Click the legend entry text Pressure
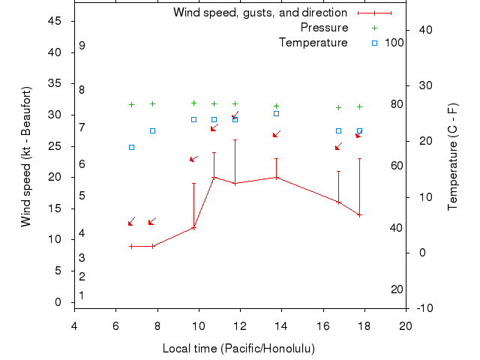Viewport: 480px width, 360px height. coord(324,28)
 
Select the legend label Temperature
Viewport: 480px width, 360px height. coord(313,43)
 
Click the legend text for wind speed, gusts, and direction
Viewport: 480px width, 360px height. coord(260,13)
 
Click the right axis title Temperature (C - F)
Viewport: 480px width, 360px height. coord(453,155)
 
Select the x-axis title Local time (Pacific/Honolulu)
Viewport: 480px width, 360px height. coord(238,349)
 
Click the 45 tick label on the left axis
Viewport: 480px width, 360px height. coord(54,21)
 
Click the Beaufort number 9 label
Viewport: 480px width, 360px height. coord(82,46)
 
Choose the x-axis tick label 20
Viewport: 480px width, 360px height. coord(406,325)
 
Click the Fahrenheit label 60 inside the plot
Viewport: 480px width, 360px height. coord(397,166)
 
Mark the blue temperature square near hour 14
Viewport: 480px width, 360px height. coord(276,113)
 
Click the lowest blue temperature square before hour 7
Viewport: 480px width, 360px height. coord(131,147)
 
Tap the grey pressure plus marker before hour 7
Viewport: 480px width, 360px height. coord(131,104)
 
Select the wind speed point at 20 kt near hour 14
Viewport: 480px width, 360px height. coord(276,178)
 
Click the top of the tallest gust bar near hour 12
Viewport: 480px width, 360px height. coord(235,139)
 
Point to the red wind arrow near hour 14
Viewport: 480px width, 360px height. coord(276,134)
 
